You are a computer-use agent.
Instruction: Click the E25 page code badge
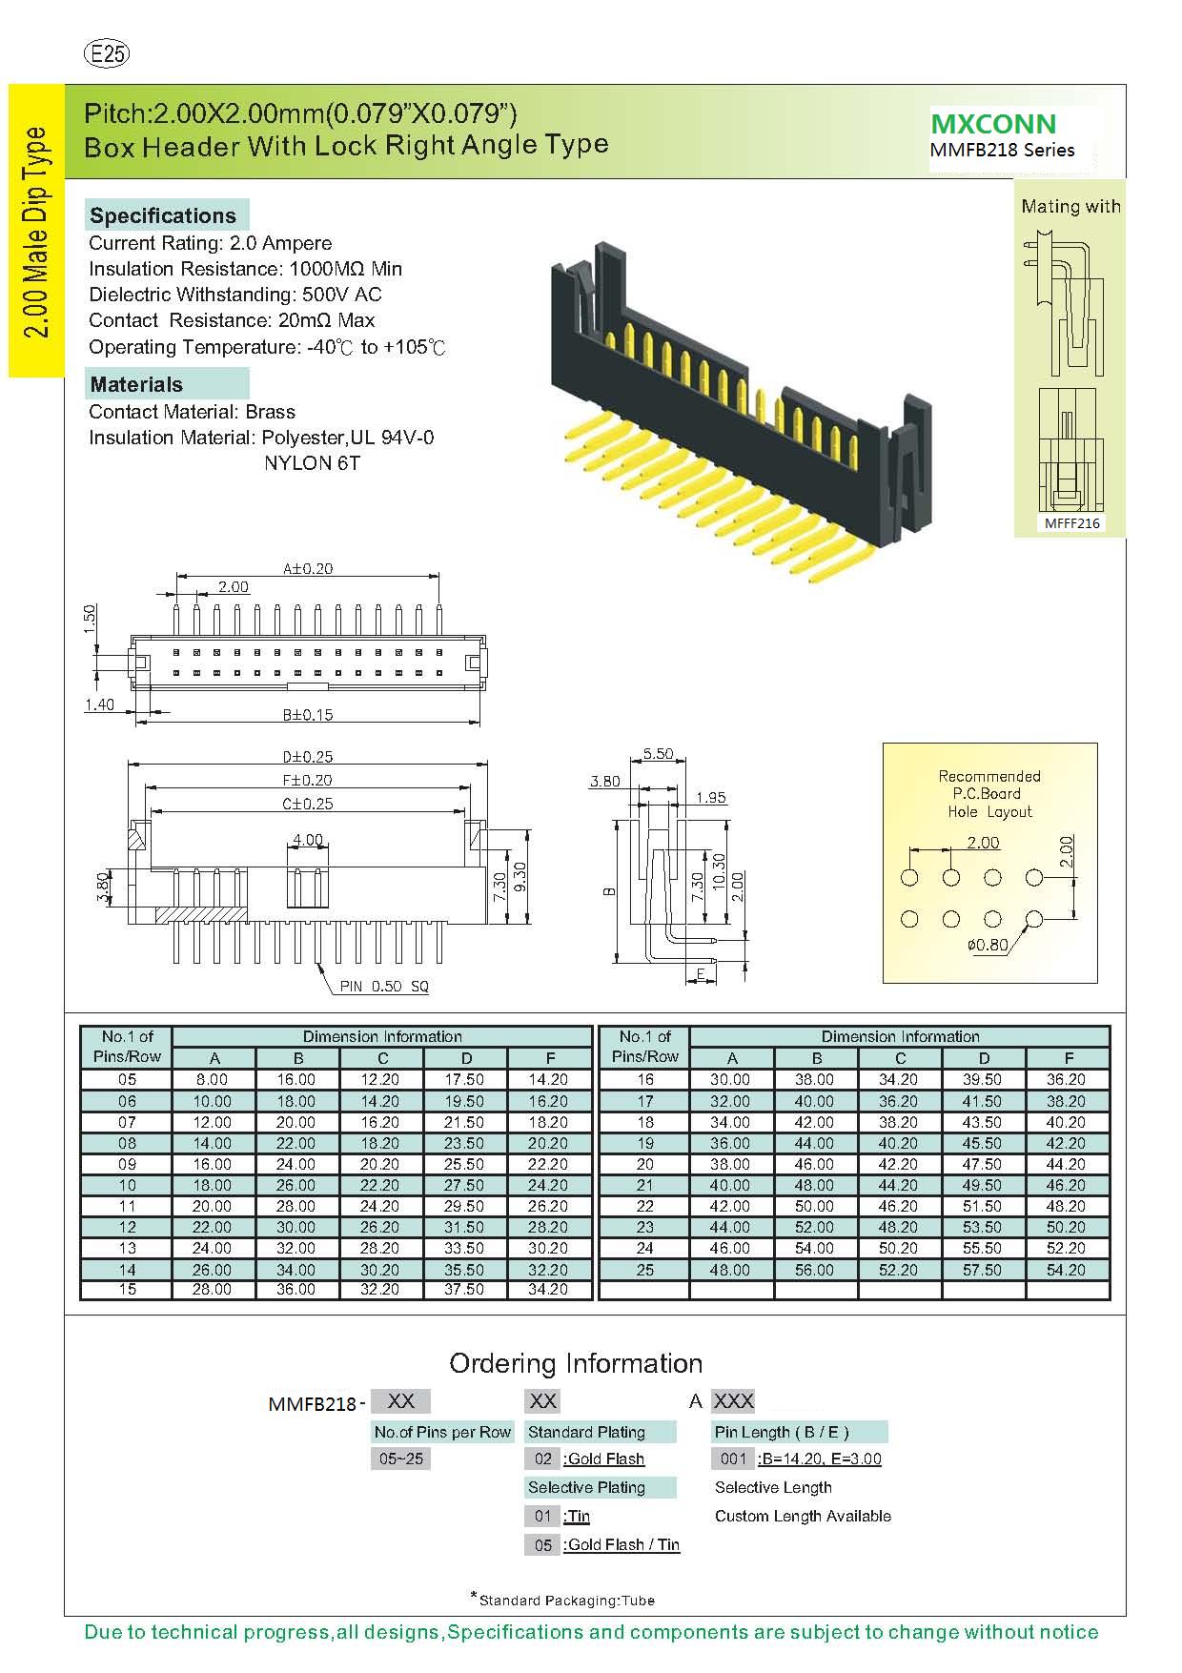tap(107, 54)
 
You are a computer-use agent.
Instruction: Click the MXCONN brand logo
tap(993, 124)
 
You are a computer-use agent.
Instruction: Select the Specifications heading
tap(163, 215)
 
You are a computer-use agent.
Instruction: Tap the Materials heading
tap(136, 384)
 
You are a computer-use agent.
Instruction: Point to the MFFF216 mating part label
tap(1071, 523)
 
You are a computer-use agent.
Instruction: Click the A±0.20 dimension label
tap(307, 569)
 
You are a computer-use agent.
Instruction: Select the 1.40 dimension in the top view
tap(99, 705)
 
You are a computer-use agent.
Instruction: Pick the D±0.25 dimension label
tap(307, 757)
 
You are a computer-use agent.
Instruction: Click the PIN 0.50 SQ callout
tap(384, 987)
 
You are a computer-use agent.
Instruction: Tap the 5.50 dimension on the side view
tap(657, 754)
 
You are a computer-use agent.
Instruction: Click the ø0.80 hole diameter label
tap(987, 946)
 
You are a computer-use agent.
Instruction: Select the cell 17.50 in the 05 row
tap(466, 1080)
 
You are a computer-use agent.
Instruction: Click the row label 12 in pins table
tap(127, 1228)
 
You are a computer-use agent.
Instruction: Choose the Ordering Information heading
tap(576, 1363)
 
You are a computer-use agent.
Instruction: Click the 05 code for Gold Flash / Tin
tap(542, 1545)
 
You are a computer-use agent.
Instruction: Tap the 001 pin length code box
tap(733, 1459)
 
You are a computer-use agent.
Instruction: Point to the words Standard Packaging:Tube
tap(567, 1601)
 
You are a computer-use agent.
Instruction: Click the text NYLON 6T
tap(312, 463)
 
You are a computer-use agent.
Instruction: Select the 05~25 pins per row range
tap(400, 1459)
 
